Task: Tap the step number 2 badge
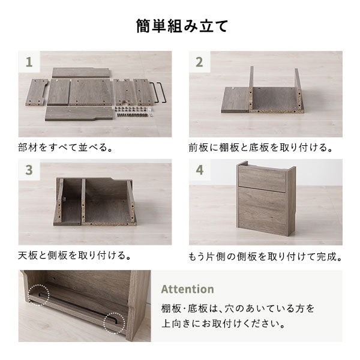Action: [x=199, y=62]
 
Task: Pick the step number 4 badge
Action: [x=199, y=170]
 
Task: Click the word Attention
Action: [x=187, y=289]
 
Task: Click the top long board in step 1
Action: [x=80, y=73]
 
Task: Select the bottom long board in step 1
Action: [x=79, y=113]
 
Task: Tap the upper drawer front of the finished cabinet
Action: [x=262, y=179]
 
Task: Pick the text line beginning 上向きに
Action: [x=223, y=324]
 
